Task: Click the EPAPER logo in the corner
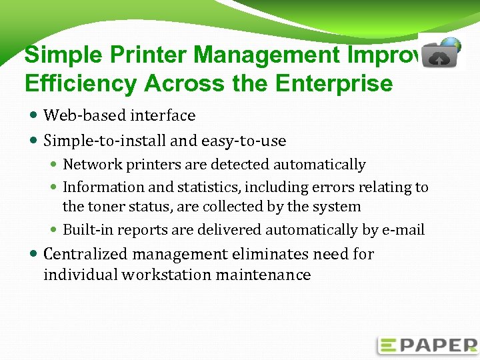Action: (427, 345)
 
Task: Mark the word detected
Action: (240, 165)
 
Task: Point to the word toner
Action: (108, 207)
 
